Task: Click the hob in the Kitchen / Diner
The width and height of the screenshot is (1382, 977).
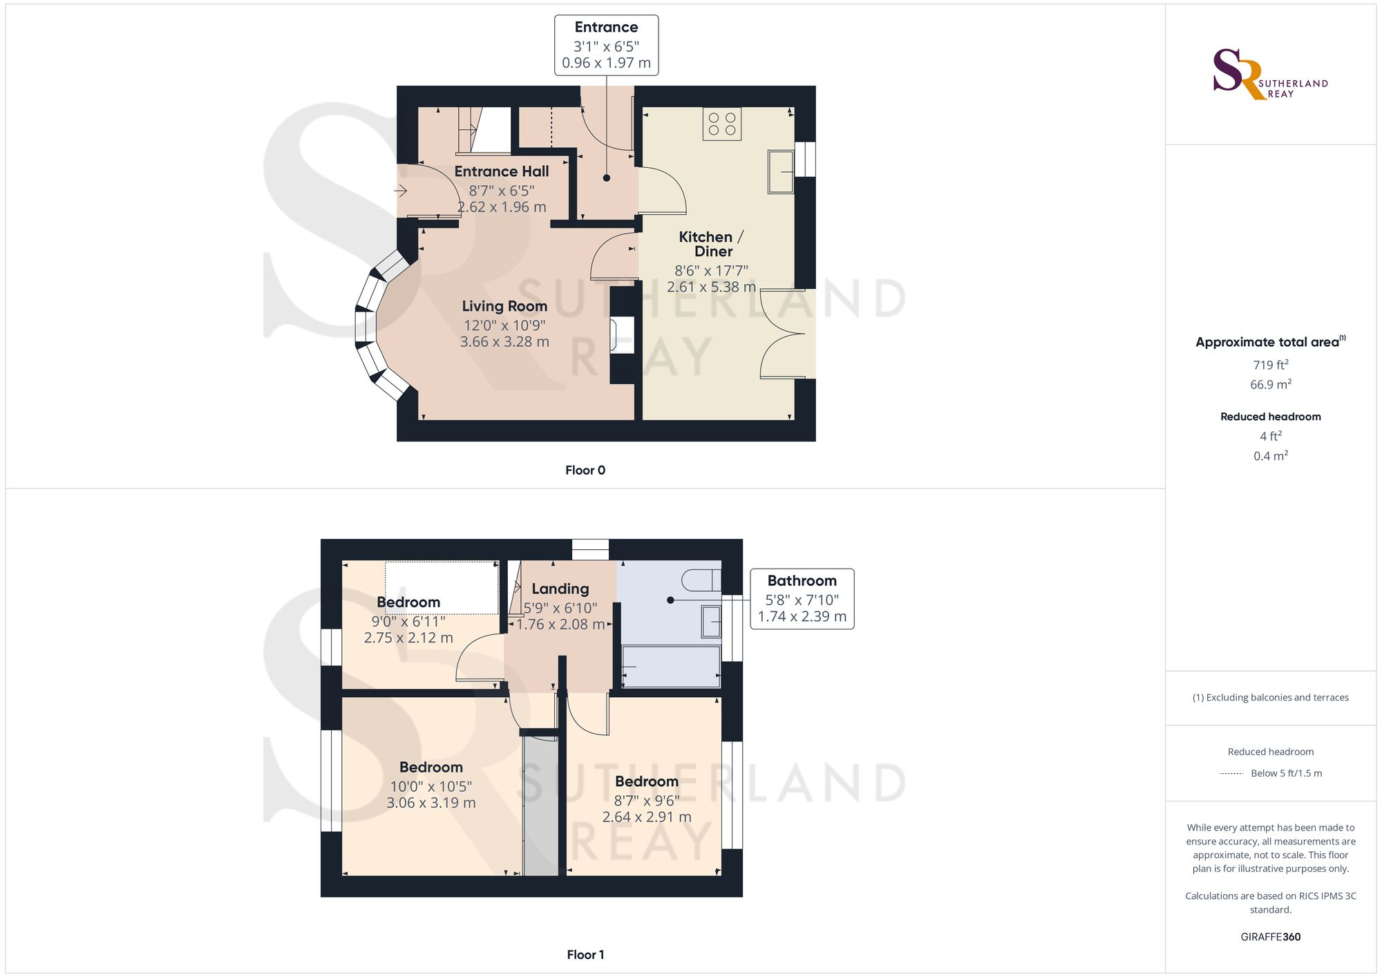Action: click(722, 124)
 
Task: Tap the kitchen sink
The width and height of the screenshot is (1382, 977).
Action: click(781, 171)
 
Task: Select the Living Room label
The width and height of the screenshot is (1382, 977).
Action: click(504, 306)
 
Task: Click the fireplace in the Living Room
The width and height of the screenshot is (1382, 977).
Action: click(621, 336)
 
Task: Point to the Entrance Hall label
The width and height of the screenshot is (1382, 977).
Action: click(502, 171)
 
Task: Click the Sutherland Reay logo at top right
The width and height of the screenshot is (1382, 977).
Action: click(1269, 74)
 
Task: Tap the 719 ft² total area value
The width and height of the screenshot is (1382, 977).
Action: click(1271, 365)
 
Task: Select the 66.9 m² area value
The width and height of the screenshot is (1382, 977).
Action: click(1271, 384)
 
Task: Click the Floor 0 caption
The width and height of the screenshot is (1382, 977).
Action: click(585, 471)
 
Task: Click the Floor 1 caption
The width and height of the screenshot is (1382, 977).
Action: click(585, 955)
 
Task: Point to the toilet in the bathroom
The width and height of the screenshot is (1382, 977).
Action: click(702, 580)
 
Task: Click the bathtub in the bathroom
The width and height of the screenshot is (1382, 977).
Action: click(671, 667)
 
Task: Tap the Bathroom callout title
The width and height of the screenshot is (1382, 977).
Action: click(802, 581)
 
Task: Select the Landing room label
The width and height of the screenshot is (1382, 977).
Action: click(560, 589)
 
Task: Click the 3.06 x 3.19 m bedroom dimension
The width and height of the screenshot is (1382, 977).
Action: click(431, 803)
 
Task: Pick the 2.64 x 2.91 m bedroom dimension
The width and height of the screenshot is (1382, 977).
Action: click(647, 817)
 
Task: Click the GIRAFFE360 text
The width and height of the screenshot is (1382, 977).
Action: click(1271, 937)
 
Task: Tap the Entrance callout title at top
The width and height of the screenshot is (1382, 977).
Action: click(606, 28)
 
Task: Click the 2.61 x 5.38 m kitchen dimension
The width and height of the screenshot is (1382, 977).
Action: click(711, 287)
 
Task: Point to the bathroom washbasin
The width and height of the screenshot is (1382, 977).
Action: click(711, 621)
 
